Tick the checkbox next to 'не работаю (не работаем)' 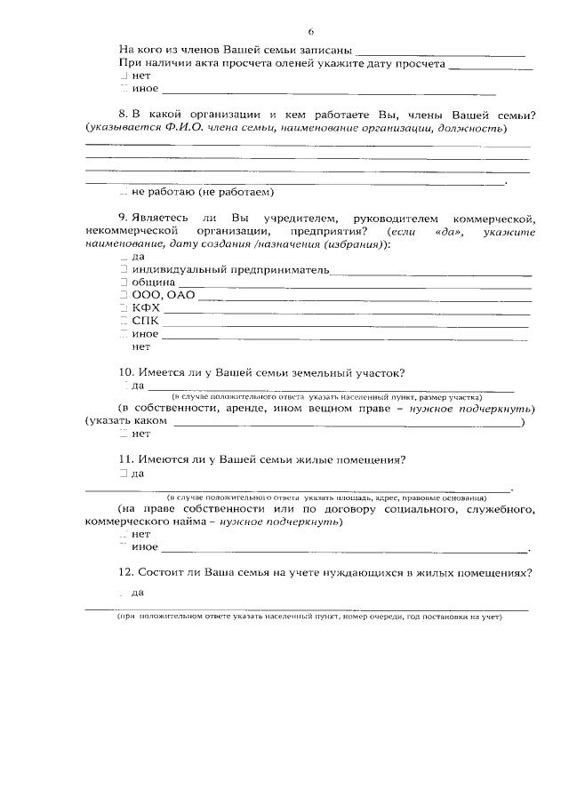(x=124, y=192)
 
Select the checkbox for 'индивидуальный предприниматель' (x=124, y=269)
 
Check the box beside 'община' (x=124, y=285)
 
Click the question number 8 (x=122, y=115)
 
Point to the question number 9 (x=122, y=218)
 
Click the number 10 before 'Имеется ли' (x=124, y=372)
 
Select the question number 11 (x=124, y=459)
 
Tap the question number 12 (x=124, y=572)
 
